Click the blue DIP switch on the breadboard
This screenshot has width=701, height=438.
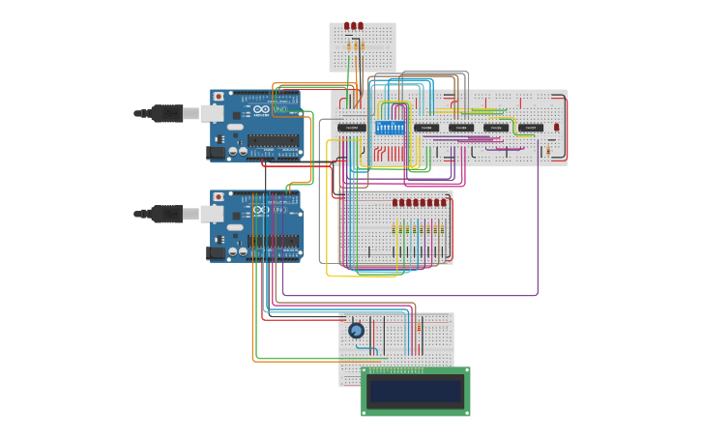[x=389, y=127]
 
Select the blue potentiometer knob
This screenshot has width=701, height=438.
[x=356, y=331]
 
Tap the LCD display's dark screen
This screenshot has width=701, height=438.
[x=416, y=391]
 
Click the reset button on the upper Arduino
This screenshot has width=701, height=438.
[x=219, y=97]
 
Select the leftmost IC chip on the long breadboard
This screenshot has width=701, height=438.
[x=351, y=128]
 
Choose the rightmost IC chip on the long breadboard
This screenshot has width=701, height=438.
[x=530, y=128]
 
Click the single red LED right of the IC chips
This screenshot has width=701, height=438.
[x=557, y=127]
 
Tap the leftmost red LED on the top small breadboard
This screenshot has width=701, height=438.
[x=345, y=26]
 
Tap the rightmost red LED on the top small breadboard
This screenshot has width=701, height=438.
[x=360, y=26]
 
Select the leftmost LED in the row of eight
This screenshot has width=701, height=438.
[x=395, y=203]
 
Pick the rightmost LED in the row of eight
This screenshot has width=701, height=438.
[x=444, y=203]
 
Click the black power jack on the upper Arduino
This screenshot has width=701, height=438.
[x=216, y=152]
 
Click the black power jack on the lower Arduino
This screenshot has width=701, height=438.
[x=216, y=252]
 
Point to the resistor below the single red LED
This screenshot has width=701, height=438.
[x=550, y=149]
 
